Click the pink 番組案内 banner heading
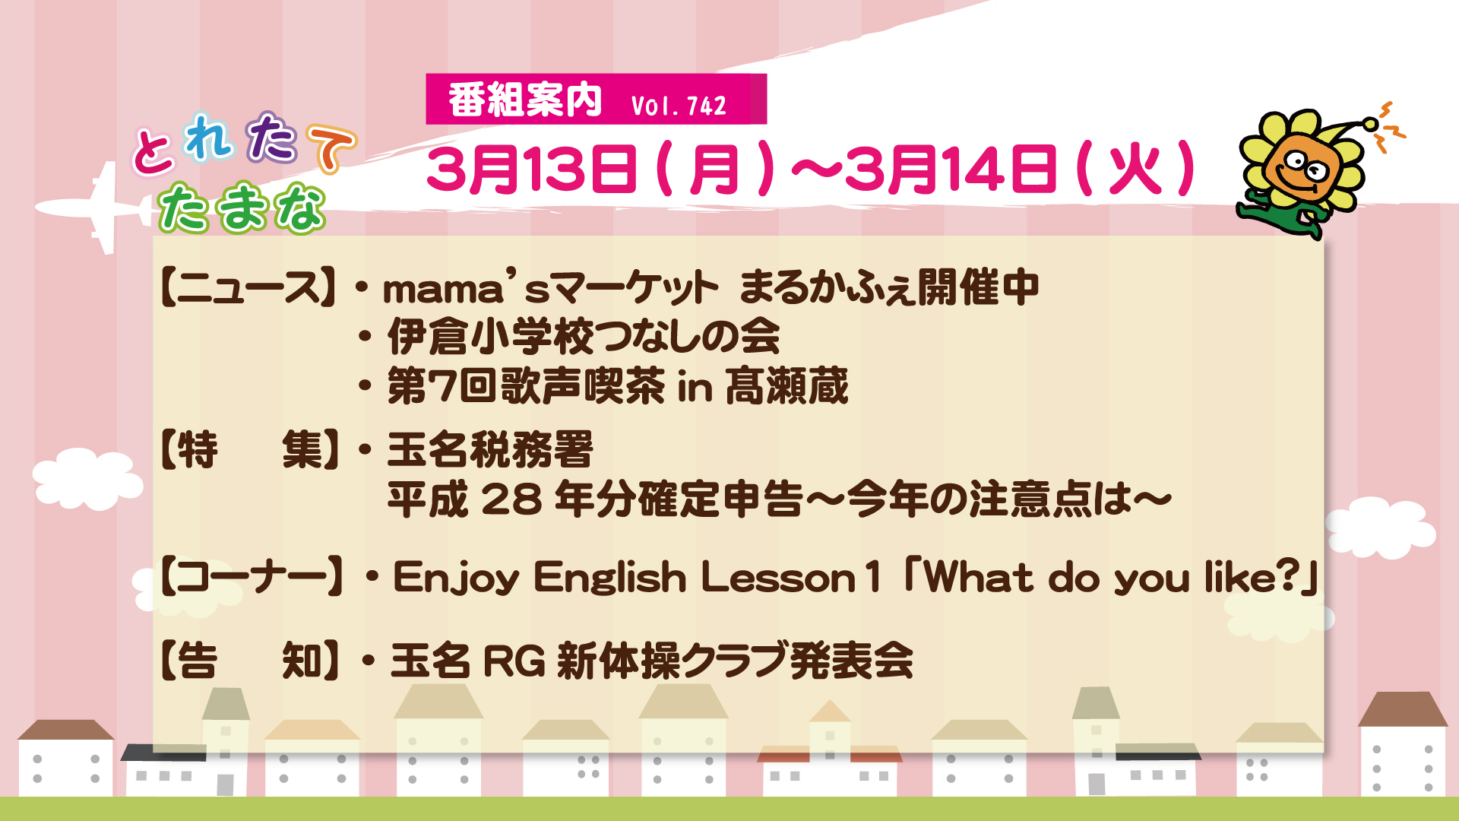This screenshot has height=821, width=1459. [525, 100]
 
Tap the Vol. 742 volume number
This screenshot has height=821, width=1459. [679, 105]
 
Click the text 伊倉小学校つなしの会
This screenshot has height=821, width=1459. [584, 336]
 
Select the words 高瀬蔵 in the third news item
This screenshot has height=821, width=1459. [786, 385]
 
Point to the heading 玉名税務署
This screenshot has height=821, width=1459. [490, 449]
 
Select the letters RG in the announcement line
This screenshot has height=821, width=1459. [514, 660]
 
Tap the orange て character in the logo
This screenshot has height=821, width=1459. [331, 147]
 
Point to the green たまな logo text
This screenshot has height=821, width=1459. [242, 207]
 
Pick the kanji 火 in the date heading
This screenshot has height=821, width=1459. [1137, 169]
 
